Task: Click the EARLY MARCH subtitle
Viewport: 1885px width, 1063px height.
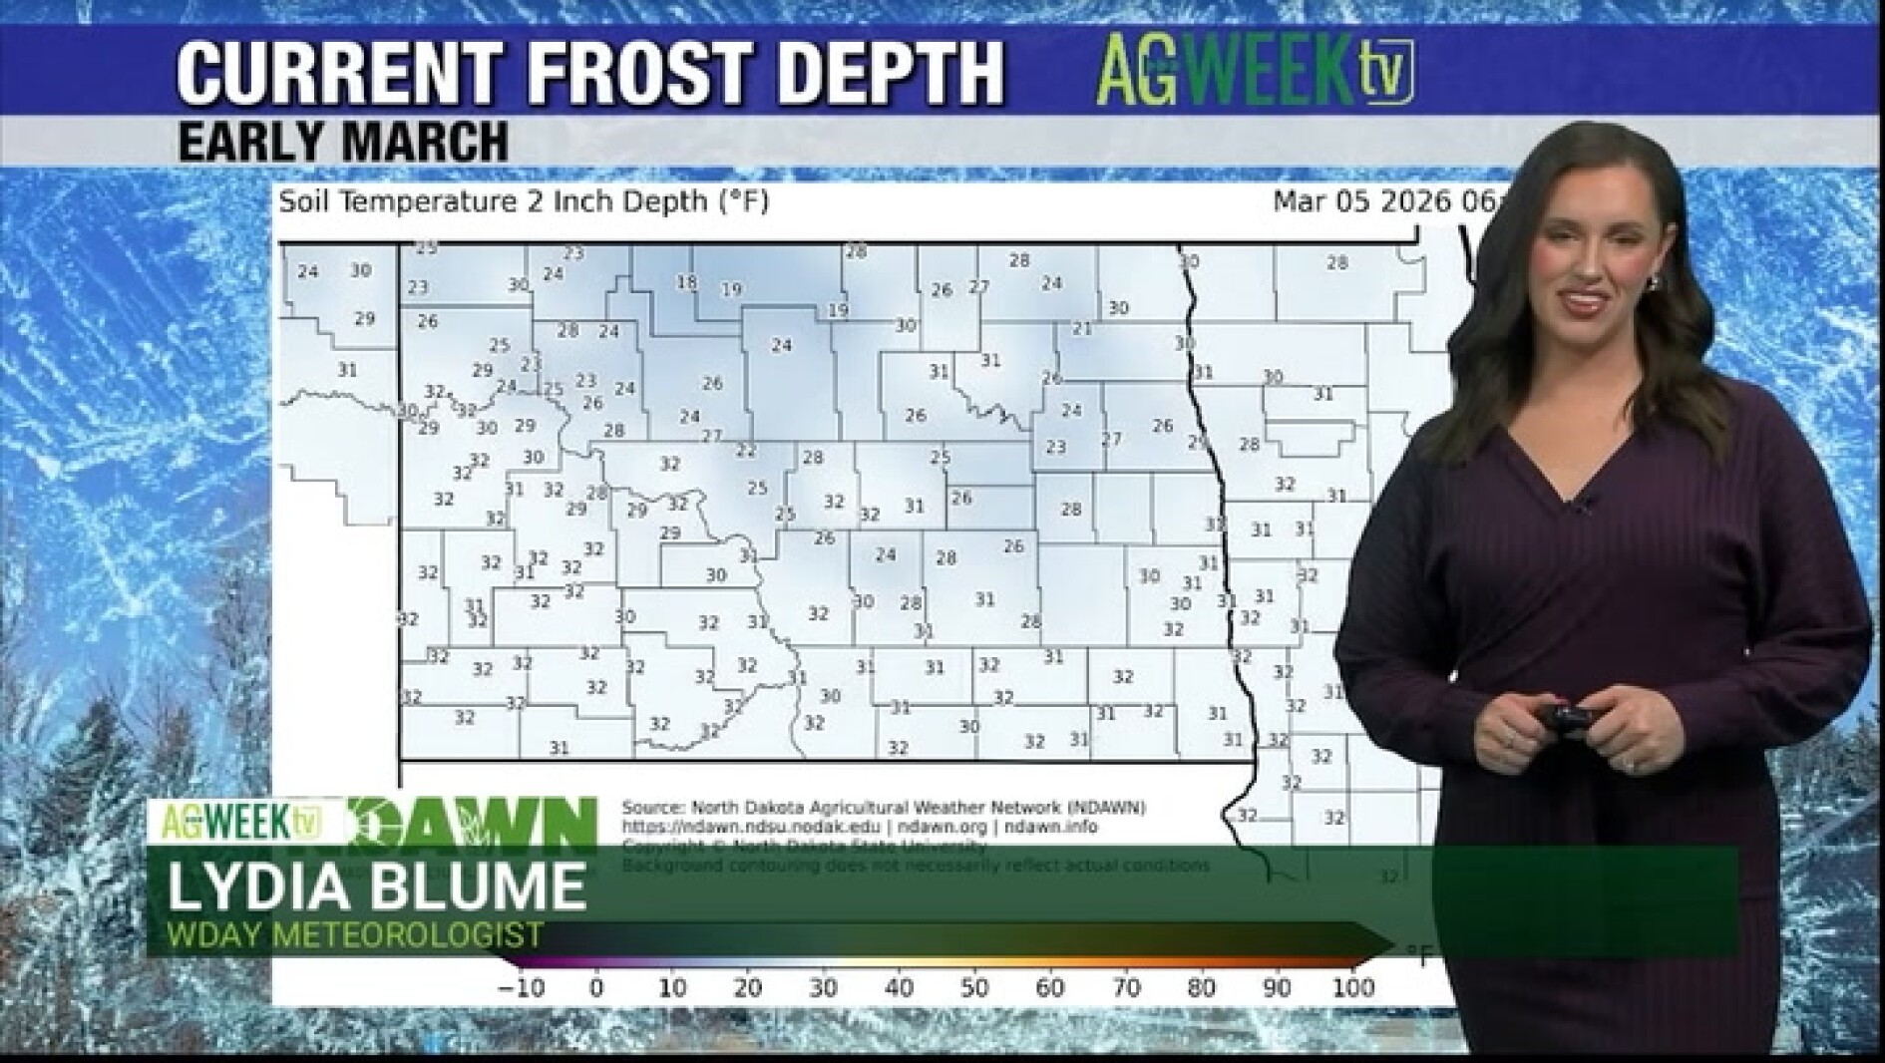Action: (343, 141)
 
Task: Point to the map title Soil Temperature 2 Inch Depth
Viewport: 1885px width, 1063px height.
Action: (524, 202)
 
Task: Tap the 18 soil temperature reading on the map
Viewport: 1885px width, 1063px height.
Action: (686, 283)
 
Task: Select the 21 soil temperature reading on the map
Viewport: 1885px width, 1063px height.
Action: (1082, 328)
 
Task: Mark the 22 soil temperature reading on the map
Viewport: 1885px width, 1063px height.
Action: (746, 451)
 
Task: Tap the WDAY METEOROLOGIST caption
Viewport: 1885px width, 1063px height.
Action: (356, 935)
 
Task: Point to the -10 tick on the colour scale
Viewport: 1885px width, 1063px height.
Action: (521, 988)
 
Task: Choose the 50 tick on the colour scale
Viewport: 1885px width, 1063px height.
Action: (974, 988)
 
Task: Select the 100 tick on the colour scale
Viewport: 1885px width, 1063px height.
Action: (1353, 988)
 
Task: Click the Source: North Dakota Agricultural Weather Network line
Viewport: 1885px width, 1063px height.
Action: (883, 807)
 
